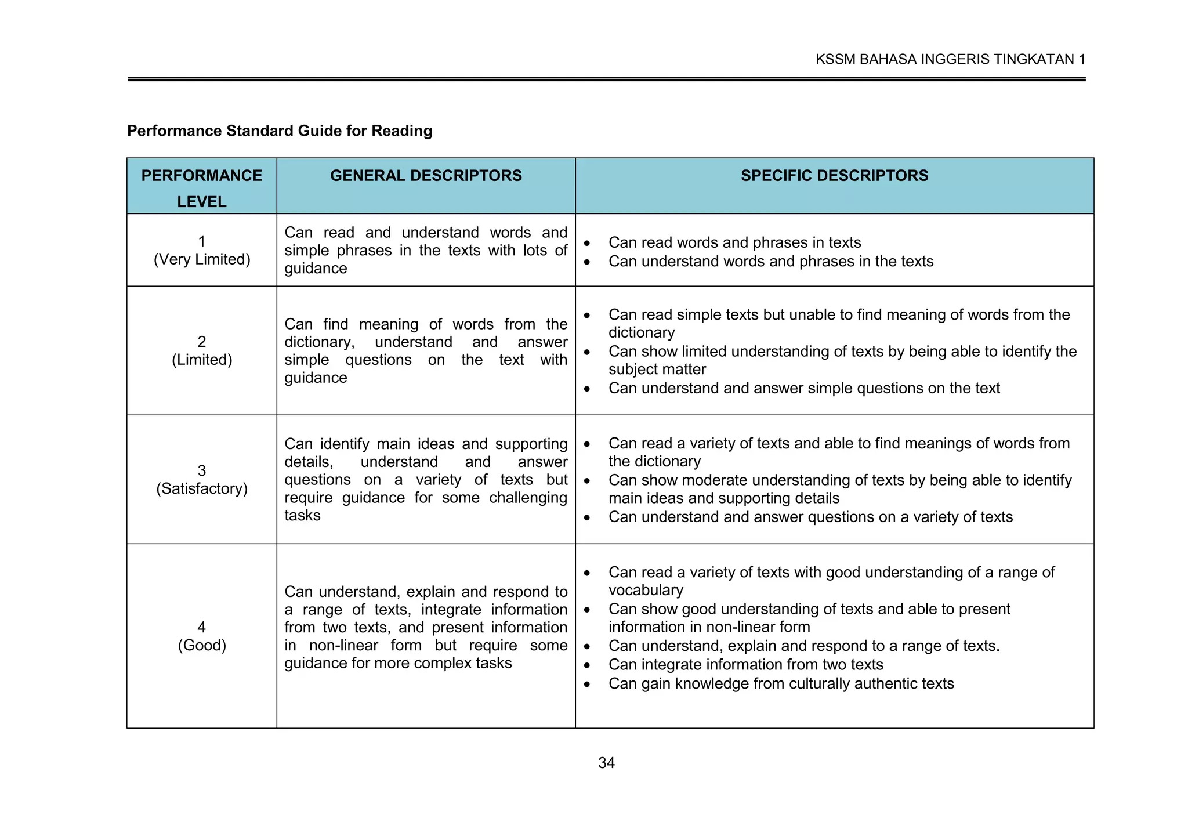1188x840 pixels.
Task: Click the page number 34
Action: click(x=606, y=763)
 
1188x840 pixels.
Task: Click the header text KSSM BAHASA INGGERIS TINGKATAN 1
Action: click(x=950, y=59)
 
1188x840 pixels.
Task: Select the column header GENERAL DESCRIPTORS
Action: click(x=426, y=176)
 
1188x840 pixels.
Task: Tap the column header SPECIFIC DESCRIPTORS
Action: click(x=834, y=176)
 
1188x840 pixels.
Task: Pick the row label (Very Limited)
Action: click(x=202, y=259)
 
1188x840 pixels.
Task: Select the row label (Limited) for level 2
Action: click(x=202, y=360)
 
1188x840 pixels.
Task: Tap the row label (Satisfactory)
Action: click(x=202, y=488)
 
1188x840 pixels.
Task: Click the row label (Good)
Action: click(x=202, y=645)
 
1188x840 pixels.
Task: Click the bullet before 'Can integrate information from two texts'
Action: click(x=587, y=665)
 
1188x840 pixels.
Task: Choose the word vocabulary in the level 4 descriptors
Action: click(x=646, y=591)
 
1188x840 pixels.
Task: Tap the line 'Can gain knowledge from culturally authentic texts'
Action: click(x=781, y=684)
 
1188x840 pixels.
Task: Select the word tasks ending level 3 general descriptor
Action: click(x=302, y=516)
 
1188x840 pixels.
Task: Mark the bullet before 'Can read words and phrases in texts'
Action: click(x=587, y=243)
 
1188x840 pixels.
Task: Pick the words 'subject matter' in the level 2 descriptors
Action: click(x=657, y=370)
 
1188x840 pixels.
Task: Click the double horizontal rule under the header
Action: click(x=606, y=79)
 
